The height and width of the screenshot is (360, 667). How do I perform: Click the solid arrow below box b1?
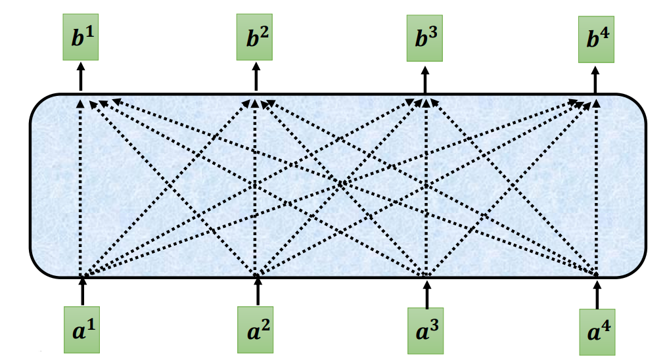(81, 77)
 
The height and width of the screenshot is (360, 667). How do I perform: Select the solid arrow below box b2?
(255, 77)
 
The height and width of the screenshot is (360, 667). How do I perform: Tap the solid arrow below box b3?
(425, 78)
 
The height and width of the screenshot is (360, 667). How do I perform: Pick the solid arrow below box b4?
(597, 78)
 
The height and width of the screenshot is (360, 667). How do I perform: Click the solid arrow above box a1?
(82, 291)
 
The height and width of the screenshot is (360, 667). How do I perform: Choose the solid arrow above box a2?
(256, 292)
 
